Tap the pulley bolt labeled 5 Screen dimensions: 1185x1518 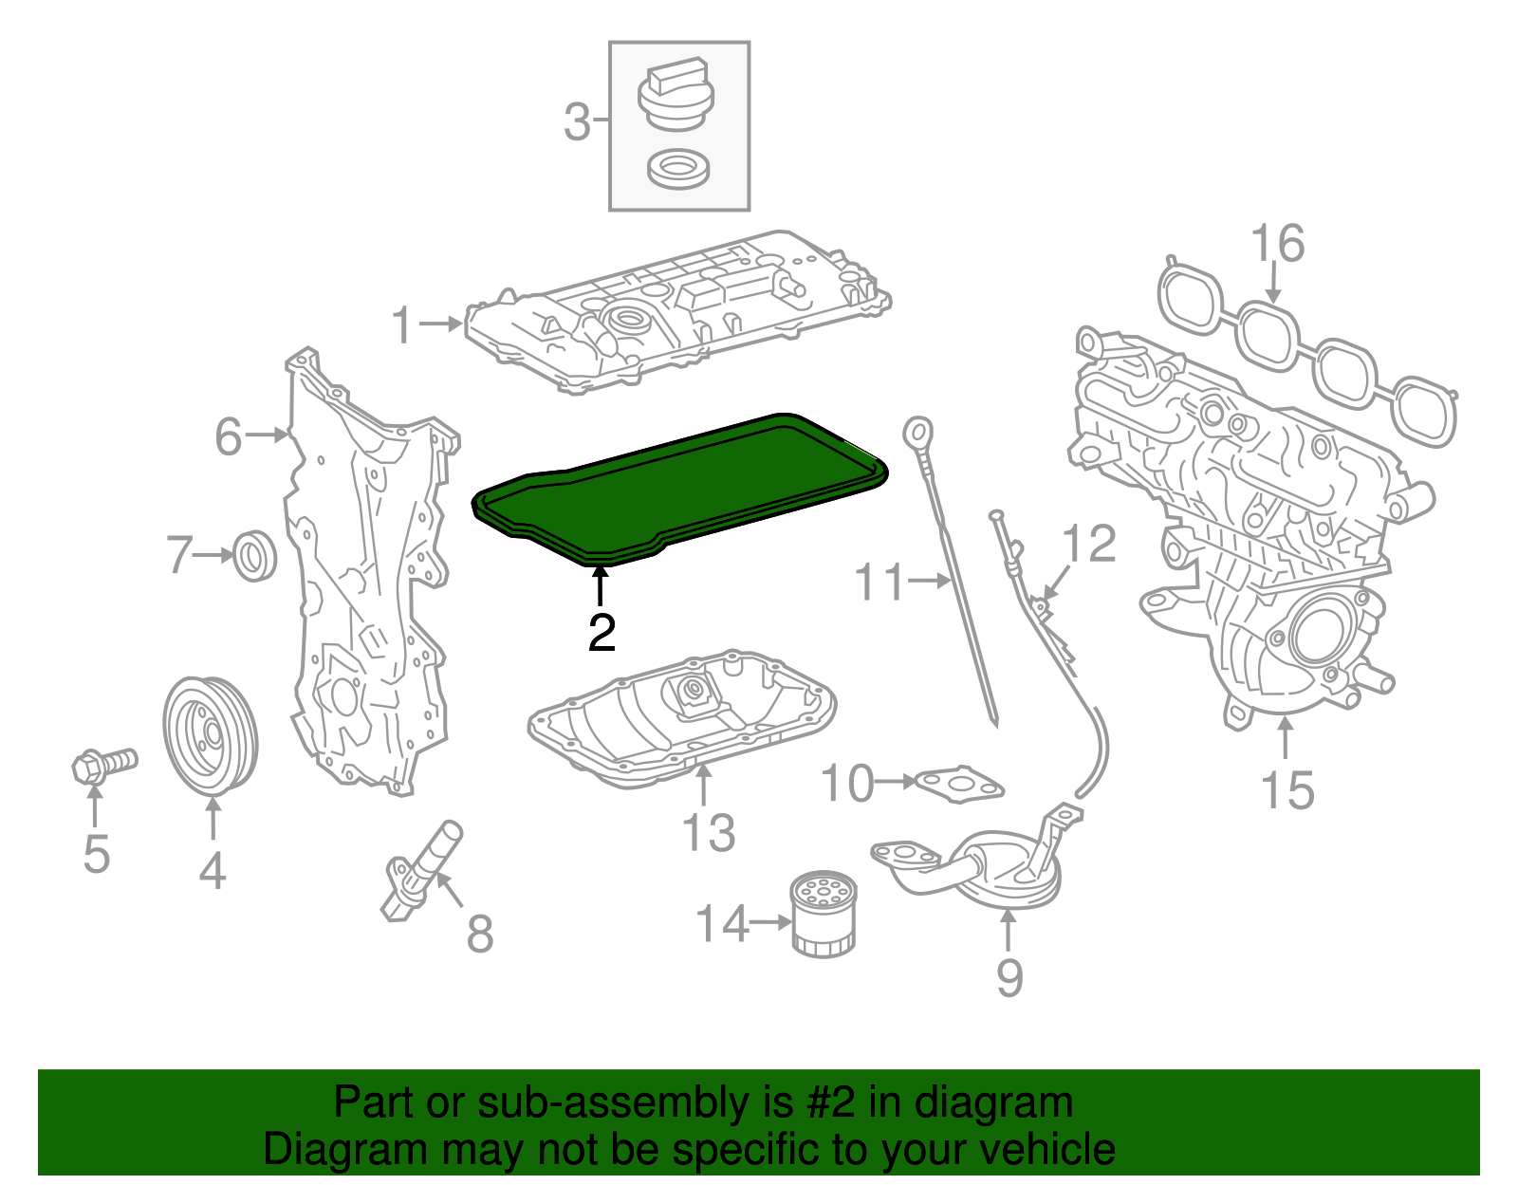click(x=102, y=763)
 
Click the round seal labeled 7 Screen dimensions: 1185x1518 click(x=254, y=556)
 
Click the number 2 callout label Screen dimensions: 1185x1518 click(x=602, y=633)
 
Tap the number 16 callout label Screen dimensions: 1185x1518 click(x=1278, y=244)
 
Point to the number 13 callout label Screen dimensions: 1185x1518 click(x=708, y=833)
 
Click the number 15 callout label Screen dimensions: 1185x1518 click(x=1287, y=790)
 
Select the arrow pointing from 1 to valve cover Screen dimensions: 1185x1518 click(x=440, y=324)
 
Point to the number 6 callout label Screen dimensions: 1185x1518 click(x=229, y=437)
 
